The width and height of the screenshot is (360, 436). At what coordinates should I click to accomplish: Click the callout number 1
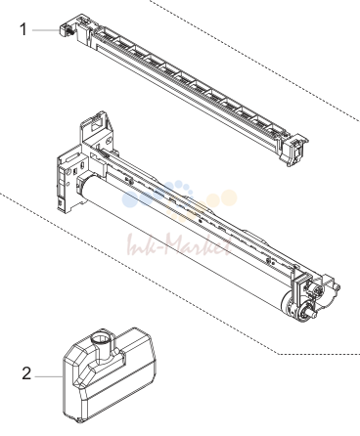pos(23,29)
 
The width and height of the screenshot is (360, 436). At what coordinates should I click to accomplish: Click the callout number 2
pos(26,373)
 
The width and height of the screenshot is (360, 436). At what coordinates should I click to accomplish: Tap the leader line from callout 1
pos(46,30)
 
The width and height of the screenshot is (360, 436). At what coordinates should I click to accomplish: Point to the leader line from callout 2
pos(49,376)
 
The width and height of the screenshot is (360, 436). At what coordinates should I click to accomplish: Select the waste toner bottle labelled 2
pos(110,374)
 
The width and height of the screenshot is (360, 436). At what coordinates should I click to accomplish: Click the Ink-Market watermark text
pos(180,244)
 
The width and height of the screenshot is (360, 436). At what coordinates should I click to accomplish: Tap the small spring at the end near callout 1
pos(69,30)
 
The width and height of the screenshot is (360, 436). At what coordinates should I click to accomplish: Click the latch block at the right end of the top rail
pos(295,149)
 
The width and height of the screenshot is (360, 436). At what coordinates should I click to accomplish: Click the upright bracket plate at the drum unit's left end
pos(67,183)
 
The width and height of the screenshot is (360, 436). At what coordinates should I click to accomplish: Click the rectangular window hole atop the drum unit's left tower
pos(97,123)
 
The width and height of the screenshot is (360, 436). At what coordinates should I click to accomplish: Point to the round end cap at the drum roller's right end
pos(288,303)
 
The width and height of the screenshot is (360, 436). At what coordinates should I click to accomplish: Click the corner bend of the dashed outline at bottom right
pos(277,354)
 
